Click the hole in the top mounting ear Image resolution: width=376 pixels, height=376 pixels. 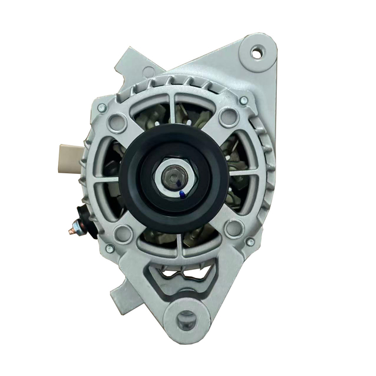coord(256,53)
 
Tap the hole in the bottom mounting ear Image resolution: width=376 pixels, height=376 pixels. coord(186,321)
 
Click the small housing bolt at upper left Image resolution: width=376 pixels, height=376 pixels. coord(102,108)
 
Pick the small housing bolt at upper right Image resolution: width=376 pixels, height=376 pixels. coord(243,100)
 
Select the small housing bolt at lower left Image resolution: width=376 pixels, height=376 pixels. coord(110,249)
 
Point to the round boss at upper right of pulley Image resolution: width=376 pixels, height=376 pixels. coord(229,117)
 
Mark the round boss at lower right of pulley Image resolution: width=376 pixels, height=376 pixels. coord(234,228)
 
